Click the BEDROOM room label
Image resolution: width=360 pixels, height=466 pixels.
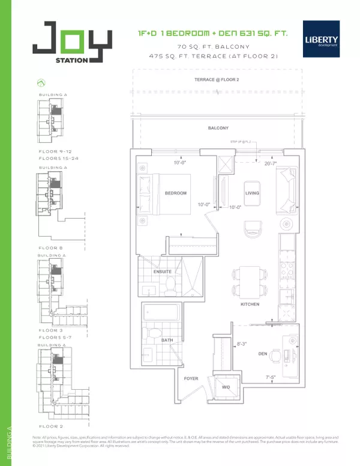coord(176,193)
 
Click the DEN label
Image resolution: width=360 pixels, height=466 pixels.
coord(262,354)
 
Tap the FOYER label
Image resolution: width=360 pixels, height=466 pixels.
coord(191,379)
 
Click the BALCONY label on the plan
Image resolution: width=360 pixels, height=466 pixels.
coord(217,128)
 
